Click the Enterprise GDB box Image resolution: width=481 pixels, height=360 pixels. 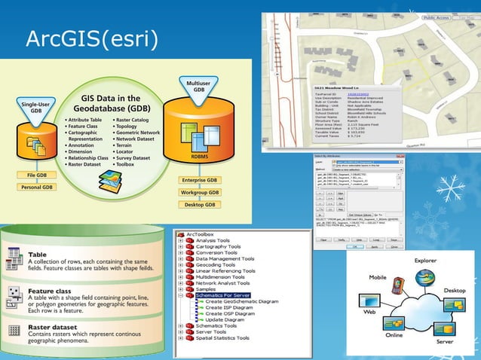200,181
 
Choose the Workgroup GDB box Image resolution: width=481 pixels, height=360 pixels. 200,193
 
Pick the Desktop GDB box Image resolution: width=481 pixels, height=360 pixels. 200,205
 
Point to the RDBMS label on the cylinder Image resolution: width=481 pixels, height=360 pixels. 200,157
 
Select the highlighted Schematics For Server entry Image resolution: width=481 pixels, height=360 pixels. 228,294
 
